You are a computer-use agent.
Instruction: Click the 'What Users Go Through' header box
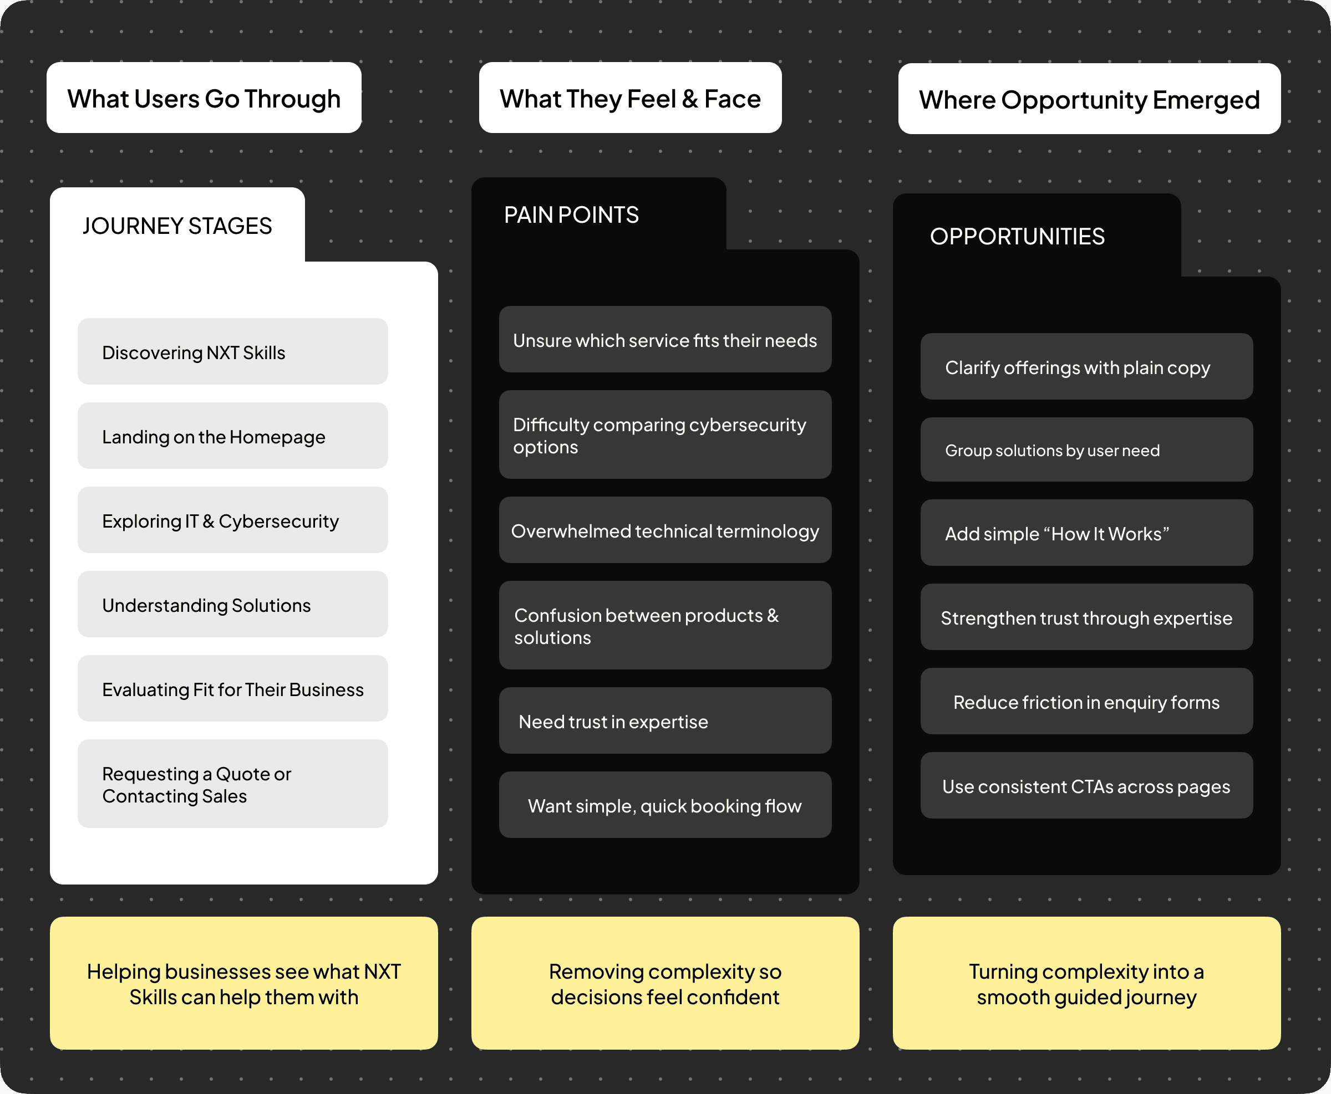(204, 98)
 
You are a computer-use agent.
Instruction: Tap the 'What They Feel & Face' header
(630, 98)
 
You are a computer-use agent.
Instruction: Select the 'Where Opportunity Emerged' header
(1089, 99)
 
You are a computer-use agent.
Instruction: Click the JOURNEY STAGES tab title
(177, 226)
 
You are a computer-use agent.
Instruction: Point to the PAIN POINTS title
(571, 215)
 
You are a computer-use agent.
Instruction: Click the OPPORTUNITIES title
(1017, 236)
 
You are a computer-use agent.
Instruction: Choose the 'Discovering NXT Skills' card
(233, 351)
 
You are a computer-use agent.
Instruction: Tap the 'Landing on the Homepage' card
(233, 436)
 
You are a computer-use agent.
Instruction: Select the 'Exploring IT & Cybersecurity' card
(233, 520)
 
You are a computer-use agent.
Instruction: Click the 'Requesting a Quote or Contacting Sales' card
(233, 784)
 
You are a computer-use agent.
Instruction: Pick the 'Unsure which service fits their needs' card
(665, 340)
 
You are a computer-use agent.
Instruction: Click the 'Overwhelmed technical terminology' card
(665, 530)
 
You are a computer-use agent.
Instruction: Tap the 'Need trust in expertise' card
(665, 721)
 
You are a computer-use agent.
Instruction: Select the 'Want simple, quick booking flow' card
(665, 805)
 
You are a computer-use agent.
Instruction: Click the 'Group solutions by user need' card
(1086, 450)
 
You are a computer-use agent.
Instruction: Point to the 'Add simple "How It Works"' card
(1086, 533)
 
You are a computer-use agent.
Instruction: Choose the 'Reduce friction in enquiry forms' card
(1086, 702)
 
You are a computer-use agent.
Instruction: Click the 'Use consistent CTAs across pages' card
(1086, 786)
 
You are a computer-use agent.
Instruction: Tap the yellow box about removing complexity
(665, 983)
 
